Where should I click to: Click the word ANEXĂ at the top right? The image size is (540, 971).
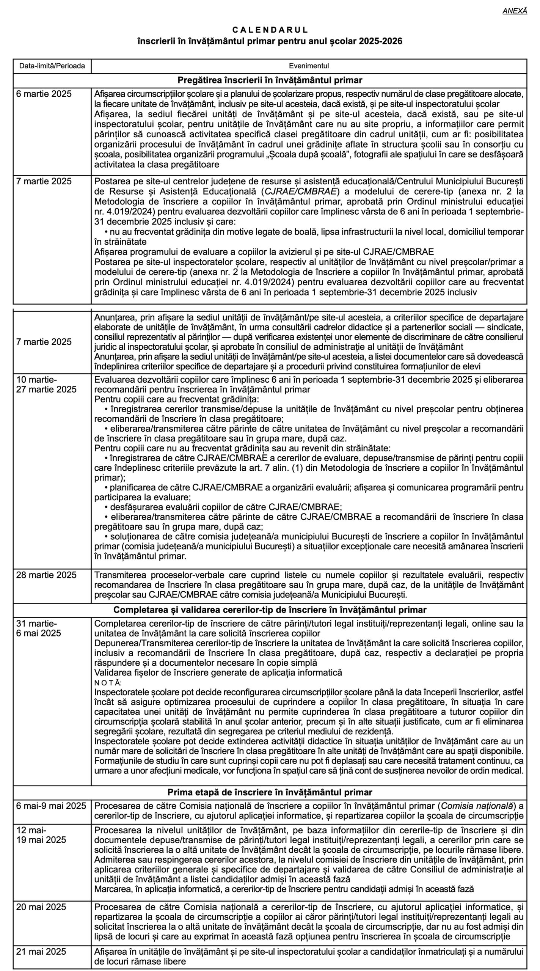515,11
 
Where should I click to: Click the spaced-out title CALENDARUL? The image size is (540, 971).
270,30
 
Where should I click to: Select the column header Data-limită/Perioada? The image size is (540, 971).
52,66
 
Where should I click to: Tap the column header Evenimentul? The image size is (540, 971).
309,66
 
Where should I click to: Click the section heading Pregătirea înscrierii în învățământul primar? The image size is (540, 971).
270,80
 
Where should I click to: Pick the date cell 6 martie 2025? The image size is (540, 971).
44,94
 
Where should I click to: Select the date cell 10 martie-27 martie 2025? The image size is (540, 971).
46,384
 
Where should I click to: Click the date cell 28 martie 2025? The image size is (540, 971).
46,575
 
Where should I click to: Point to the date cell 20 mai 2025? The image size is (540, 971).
41,907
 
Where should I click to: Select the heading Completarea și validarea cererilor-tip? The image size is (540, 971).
270,610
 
